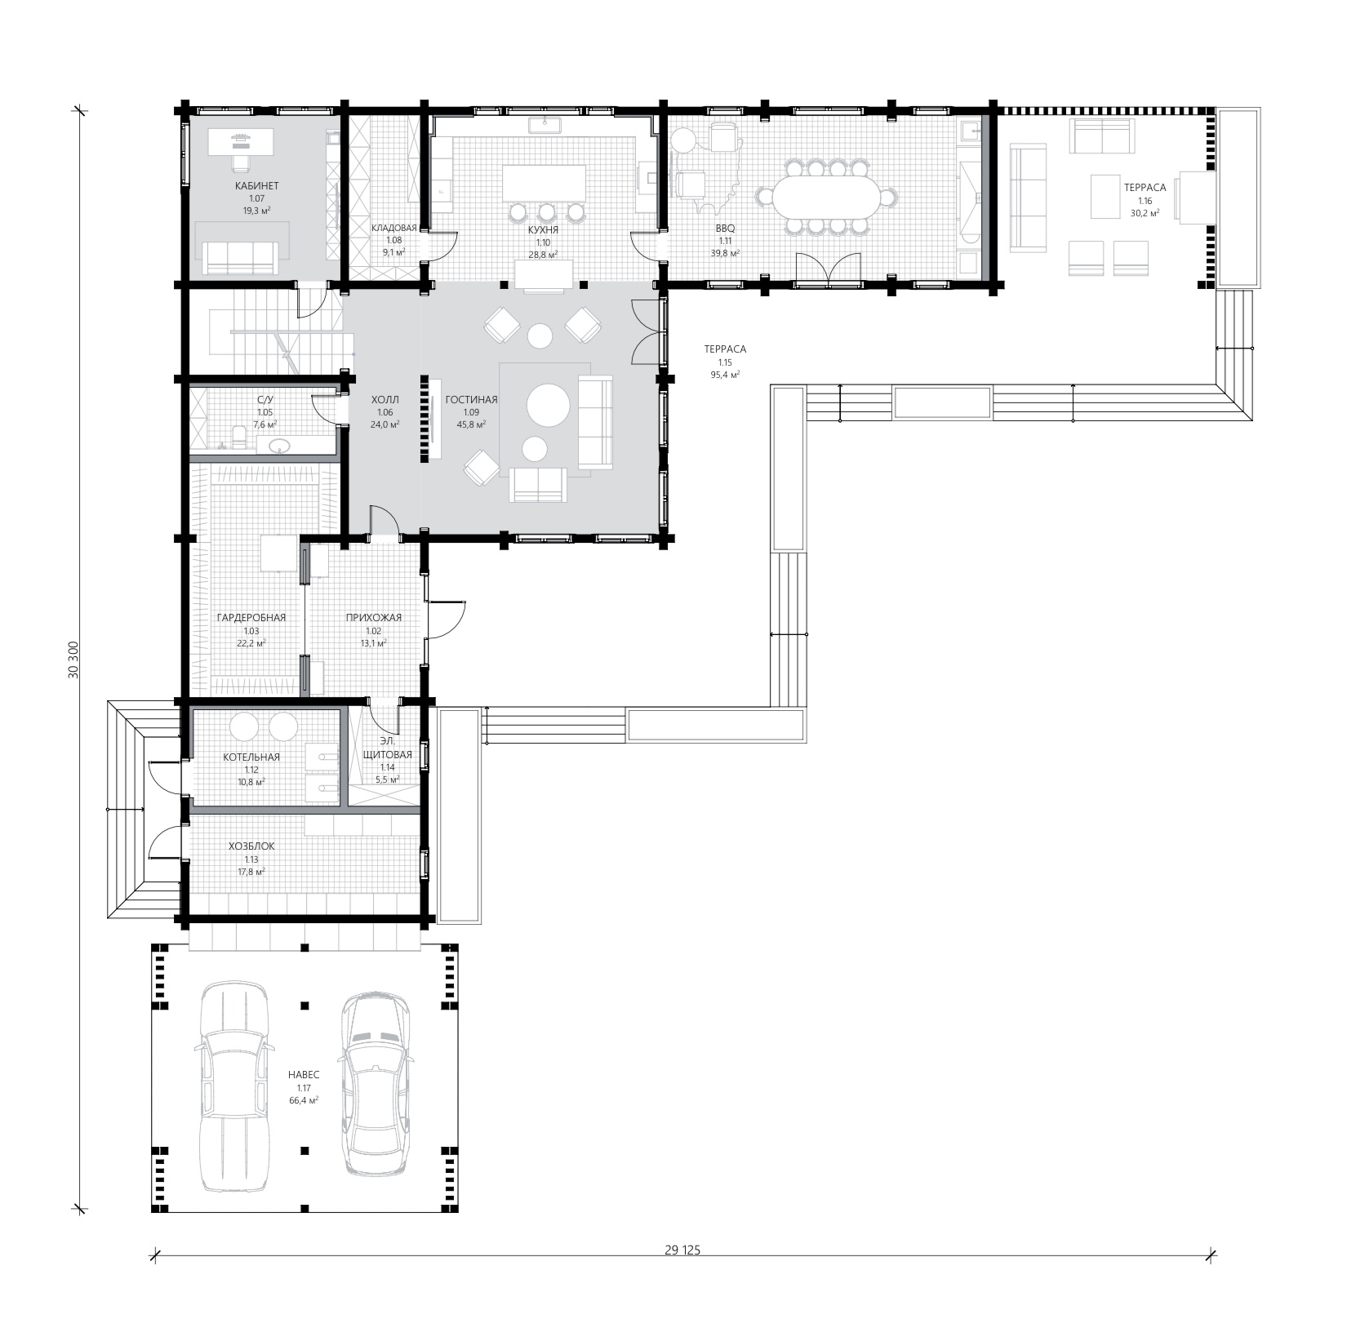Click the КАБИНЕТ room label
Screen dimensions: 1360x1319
pyautogui.click(x=256, y=186)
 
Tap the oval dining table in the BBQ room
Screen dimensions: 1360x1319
pyautogui.click(x=825, y=197)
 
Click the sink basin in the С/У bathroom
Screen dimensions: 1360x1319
pyautogui.click(x=280, y=446)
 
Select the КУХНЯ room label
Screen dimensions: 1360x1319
pyautogui.click(x=543, y=230)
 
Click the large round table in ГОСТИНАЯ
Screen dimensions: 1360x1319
pyautogui.click(x=549, y=405)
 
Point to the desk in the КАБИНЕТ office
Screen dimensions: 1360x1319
pyautogui.click(x=240, y=143)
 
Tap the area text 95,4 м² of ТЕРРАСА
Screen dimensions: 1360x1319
pyautogui.click(x=725, y=375)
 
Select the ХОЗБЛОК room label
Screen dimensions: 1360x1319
pyautogui.click(x=251, y=846)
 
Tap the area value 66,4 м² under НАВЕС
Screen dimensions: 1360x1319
pyautogui.click(x=304, y=1099)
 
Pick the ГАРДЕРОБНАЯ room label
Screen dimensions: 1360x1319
pyautogui.click(x=251, y=617)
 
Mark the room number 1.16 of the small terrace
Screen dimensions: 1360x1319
pyautogui.click(x=1144, y=200)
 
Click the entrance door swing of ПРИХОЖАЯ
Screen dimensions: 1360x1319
pyautogui.click(x=446, y=619)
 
